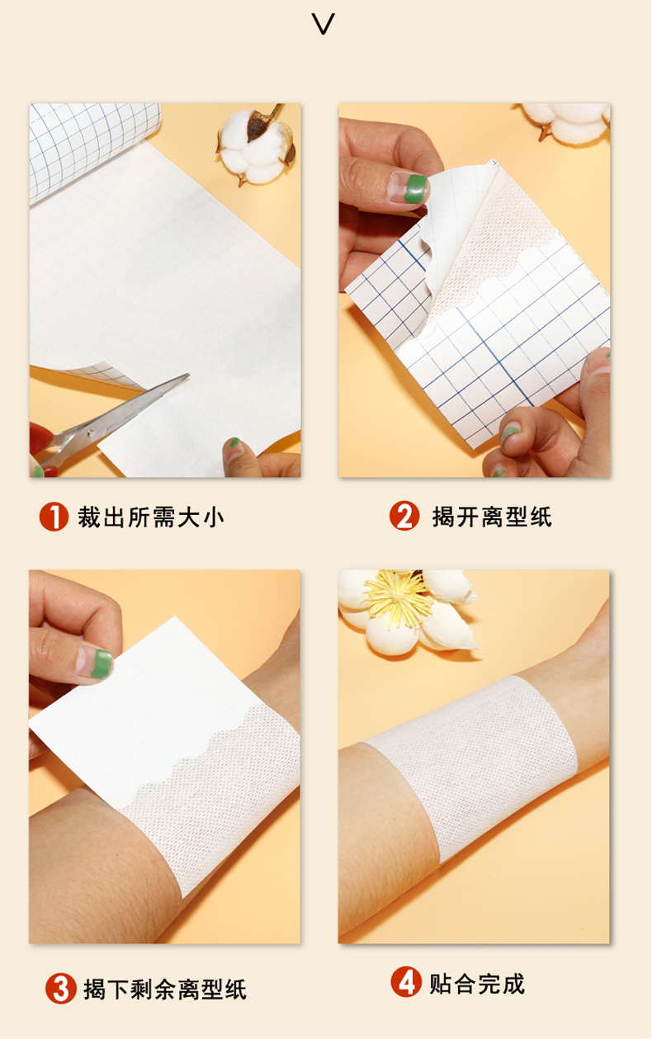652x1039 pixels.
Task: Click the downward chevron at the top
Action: tap(323, 25)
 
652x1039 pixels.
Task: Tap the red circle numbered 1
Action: tap(54, 517)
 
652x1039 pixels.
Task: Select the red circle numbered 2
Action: tap(404, 515)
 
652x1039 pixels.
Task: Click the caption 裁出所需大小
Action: tap(151, 517)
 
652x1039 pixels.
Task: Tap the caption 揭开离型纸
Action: tap(492, 517)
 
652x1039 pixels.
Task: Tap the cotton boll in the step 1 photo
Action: tap(256, 144)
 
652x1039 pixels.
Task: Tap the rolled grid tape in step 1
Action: tap(92, 149)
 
